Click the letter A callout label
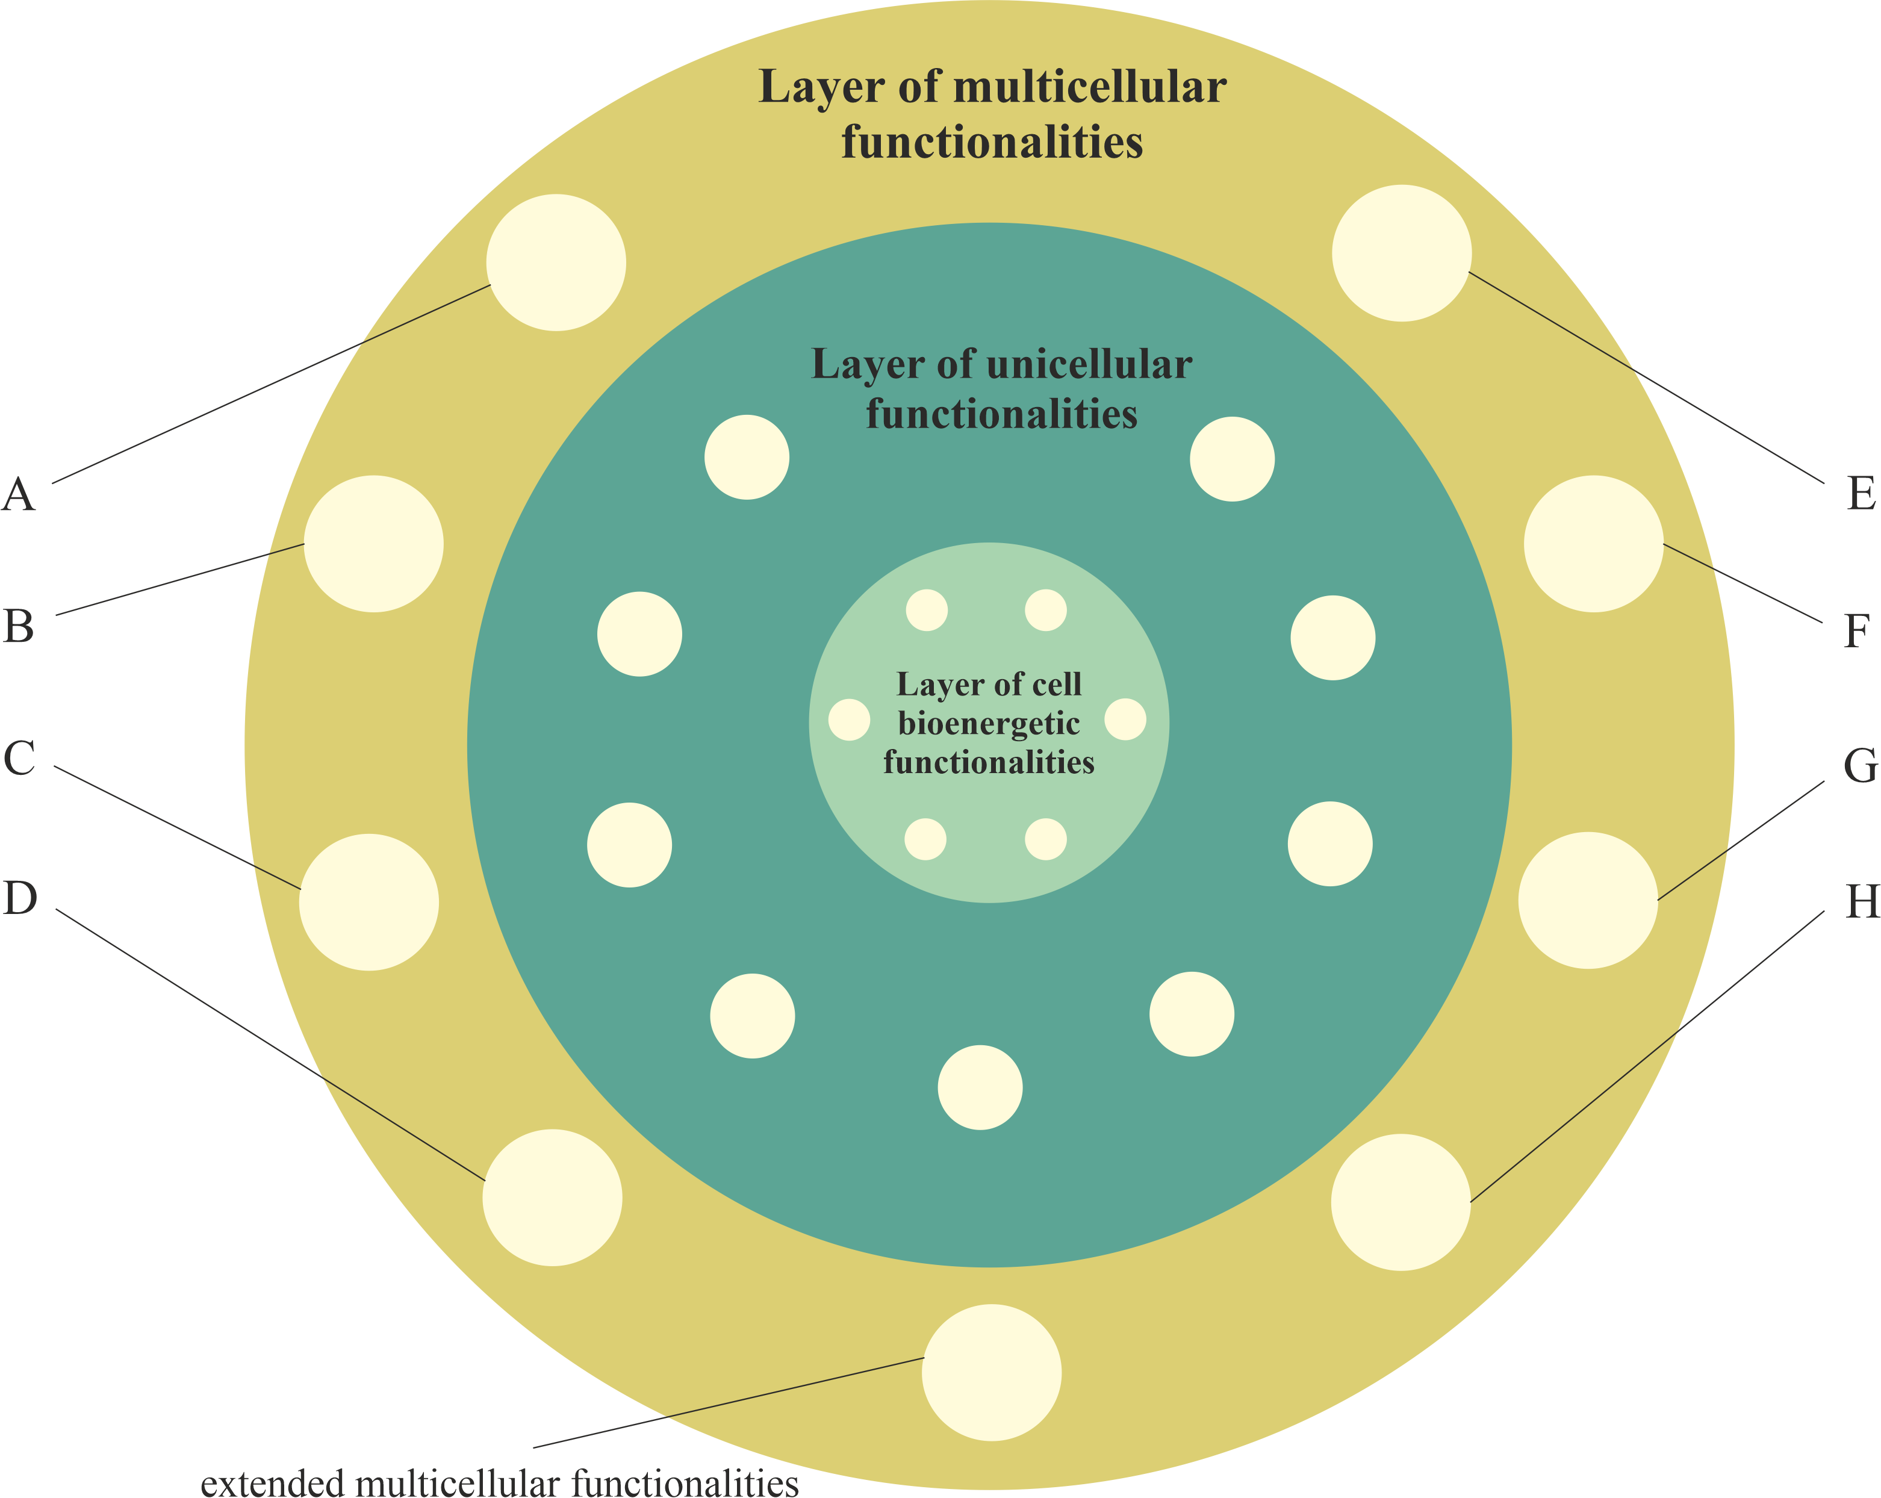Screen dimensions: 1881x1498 point(18,495)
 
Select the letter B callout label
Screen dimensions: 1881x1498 point(18,626)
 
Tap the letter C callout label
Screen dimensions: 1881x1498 point(19,757)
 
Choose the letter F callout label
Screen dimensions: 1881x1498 point(1856,631)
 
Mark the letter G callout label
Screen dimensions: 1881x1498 point(1860,766)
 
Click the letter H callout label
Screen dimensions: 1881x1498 point(1862,902)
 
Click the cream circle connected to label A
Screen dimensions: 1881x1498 point(556,263)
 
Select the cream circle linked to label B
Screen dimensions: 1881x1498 point(373,544)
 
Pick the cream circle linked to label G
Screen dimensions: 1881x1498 point(1588,900)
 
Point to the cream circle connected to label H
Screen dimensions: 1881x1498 point(1401,1202)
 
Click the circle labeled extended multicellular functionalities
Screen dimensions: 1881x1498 point(992,1372)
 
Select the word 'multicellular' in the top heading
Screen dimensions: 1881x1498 point(1090,87)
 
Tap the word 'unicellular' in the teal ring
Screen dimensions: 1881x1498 point(1089,365)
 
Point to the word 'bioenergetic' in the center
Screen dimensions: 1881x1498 point(989,724)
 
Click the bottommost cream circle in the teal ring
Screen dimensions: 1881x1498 point(980,1087)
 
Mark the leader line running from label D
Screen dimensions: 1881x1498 point(270,1044)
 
